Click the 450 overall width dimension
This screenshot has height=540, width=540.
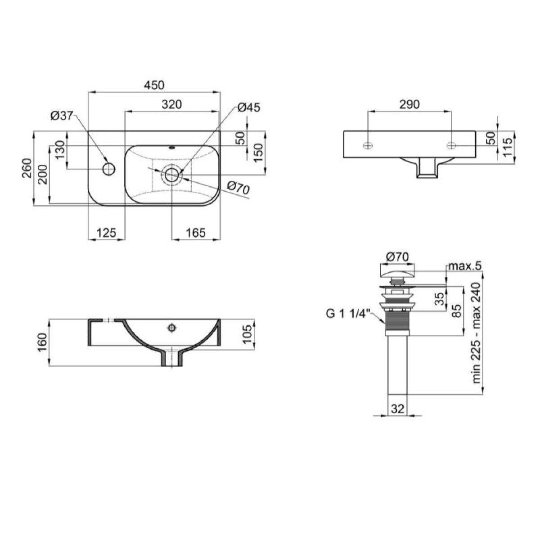pyautogui.click(x=154, y=85)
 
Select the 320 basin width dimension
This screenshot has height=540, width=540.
pyautogui.click(x=172, y=104)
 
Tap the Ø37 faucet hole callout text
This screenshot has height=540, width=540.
pyautogui.click(x=62, y=116)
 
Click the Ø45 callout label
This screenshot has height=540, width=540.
pyautogui.click(x=249, y=108)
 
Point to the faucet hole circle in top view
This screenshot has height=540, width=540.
pyautogui.click(x=109, y=169)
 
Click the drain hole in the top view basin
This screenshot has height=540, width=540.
pyautogui.click(x=171, y=175)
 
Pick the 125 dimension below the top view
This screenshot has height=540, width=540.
pyautogui.click(x=106, y=233)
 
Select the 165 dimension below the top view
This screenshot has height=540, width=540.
pyautogui.click(x=196, y=233)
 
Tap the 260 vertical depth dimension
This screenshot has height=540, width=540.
pyautogui.click(x=27, y=168)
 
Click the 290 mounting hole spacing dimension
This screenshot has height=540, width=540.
pyautogui.click(x=409, y=104)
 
